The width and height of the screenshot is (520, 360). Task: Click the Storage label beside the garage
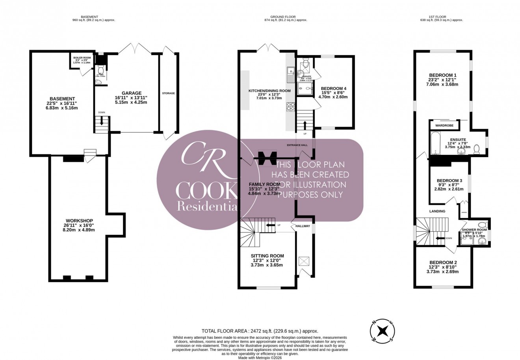pyautogui.click(x=168, y=93)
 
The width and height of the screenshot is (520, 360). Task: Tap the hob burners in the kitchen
pyautogui.click(x=291, y=107)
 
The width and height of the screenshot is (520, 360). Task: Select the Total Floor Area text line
pyautogui.click(x=260, y=332)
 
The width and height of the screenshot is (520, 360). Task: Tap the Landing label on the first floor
pyautogui.click(x=437, y=211)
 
